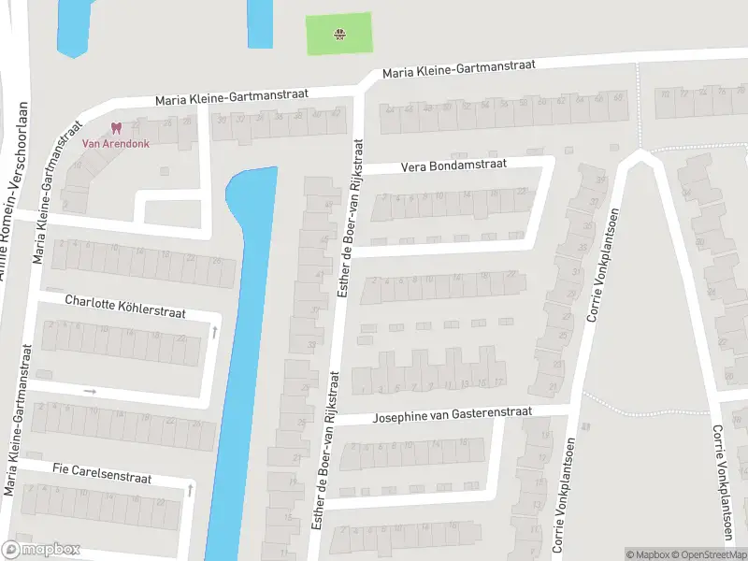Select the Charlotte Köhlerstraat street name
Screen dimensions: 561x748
pos(126,307)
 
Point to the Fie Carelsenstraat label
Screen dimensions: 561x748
pos(102,471)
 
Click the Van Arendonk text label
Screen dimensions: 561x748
pos(116,143)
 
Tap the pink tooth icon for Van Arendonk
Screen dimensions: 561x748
pos(116,128)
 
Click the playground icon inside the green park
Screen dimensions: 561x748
pos(339,36)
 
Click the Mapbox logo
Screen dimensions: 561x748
pos(41,550)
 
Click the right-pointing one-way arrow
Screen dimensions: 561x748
pos(90,391)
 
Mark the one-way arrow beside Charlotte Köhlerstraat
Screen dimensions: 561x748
pos(214,331)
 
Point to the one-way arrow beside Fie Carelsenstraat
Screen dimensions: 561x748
pos(190,489)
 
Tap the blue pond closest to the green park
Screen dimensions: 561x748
pos(260,22)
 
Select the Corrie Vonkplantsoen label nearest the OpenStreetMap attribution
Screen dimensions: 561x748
pos(721,483)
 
